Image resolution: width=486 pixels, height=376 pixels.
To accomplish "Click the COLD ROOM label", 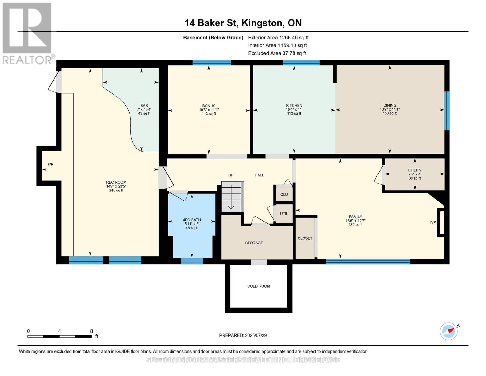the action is (x=258, y=286).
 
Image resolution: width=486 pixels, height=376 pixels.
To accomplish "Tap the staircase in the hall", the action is (x=233, y=196).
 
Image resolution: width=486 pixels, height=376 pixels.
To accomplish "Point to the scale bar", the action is (x=59, y=336).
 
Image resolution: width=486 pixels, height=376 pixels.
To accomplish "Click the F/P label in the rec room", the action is (x=50, y=164).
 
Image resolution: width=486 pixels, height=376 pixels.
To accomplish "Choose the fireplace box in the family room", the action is (x=441, y=222).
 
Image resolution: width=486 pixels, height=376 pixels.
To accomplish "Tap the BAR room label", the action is (x=144, y=106).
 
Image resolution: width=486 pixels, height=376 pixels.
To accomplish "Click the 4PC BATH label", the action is (x=192, y=220).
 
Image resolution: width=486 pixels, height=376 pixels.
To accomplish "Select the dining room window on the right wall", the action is (x=447, y=111).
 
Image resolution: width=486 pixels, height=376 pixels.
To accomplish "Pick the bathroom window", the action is (x=192, y=261).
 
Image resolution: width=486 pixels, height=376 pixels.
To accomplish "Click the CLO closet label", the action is (x=284, y=194).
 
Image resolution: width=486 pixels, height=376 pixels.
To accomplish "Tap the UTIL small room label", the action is (x=284, y=214).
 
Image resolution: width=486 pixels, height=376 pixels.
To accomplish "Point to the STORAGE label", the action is (x=254, y=243).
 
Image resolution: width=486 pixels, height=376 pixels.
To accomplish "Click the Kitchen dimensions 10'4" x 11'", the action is (x=294, y=109).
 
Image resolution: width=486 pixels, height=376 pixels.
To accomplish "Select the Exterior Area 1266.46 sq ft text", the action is (x=278, y=38).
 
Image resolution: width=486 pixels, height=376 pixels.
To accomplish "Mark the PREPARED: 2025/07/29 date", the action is (x=243, y=335).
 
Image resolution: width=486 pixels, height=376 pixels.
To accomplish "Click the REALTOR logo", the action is (x=28, y=33).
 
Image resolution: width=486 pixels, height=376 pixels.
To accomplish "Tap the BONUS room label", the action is (x=209, y=106).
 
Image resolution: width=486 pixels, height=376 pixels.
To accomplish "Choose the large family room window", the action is (x=368, y=261).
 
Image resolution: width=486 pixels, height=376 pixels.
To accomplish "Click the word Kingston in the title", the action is (x=262, y=23).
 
